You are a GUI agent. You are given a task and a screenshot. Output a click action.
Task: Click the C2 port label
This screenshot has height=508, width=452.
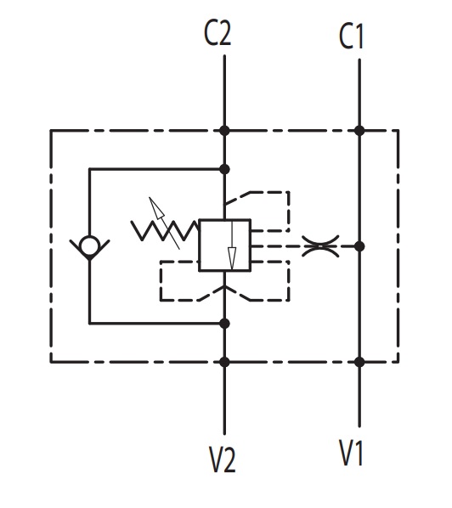(218, 33)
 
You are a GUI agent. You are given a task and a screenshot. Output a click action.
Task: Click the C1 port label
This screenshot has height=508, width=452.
(351, 37)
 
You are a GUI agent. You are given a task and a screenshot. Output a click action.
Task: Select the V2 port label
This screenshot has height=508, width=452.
(223, 460)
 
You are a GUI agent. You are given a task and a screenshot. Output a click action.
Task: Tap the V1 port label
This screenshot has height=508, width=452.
(351, 453)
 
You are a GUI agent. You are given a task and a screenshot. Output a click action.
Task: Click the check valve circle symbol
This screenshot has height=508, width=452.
(90, 246)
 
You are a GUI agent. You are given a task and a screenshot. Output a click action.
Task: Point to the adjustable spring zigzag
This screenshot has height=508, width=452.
(165, 231)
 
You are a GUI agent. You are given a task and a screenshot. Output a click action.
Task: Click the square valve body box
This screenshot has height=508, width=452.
(224, 245)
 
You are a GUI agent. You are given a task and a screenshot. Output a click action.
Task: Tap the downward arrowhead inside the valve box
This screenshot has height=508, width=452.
(232, 258)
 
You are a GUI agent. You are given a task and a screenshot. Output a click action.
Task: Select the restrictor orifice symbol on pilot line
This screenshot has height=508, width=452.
(320, 246)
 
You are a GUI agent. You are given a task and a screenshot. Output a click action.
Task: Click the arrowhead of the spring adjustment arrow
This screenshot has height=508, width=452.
(156, 209)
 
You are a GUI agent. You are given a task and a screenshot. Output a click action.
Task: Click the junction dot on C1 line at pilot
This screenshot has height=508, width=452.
(359, 246)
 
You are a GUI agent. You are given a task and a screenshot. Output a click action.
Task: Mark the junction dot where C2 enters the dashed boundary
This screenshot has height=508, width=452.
(224, 131)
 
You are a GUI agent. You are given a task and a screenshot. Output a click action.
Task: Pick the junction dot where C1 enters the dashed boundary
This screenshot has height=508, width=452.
(359, 131)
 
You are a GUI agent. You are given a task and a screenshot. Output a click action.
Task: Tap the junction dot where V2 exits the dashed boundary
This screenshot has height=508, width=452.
(224, 362)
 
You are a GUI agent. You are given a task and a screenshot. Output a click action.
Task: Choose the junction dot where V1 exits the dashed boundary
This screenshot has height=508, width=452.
(359, 362)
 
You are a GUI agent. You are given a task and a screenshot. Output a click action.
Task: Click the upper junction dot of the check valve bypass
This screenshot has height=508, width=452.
(224, 169)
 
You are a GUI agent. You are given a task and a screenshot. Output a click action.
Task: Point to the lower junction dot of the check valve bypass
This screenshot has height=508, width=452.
(224, 324)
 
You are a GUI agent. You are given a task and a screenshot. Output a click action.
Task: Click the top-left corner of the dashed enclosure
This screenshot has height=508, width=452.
(50, 131)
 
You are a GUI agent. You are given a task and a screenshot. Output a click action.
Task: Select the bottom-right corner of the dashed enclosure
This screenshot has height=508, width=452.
(398, 362)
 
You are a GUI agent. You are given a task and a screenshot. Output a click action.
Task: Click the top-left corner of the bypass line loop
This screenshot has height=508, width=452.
(90, 169)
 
